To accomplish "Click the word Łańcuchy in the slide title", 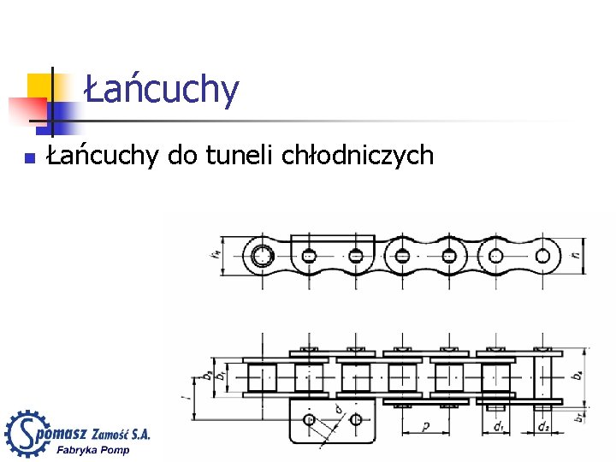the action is pyautogui.click(x=162, y=89).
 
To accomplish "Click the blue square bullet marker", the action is pyautogui.click(x=28, y=157).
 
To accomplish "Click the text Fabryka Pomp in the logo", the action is pyautogui.click(x=92, y=451).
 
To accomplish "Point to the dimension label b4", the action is pyautogui.click(x=577, y=375).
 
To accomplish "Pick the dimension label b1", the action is pyautogui.click(x=220, y=375).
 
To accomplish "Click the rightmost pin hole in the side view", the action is pyautogui.click(x=542, y=254).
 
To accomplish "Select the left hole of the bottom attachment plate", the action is pyautogui.click(x=309, y=419).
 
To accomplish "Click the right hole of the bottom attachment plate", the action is pyautogui.click(x=354, y=419).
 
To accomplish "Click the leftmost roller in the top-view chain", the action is pyautogui.click(x=263, y=376).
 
